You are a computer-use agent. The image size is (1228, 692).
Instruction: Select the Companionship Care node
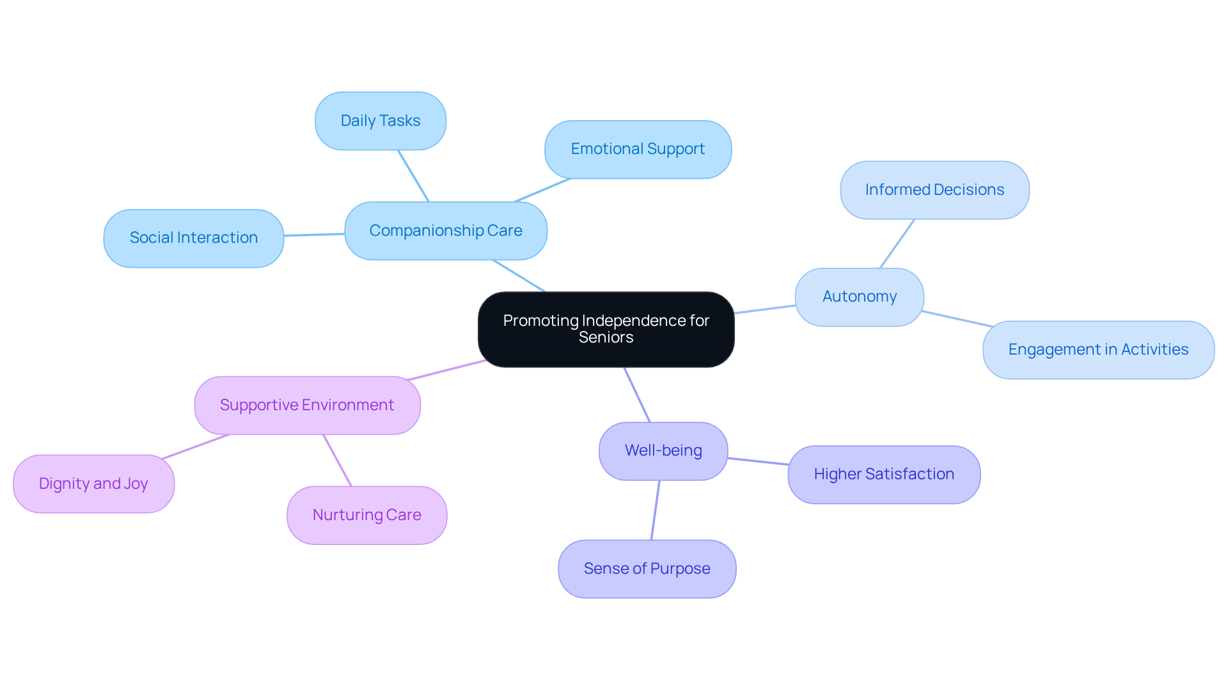[x=445, y=231]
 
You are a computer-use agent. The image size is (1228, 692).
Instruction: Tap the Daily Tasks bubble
[x=380, y=121]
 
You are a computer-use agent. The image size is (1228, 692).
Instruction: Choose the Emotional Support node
[x=638, y=149]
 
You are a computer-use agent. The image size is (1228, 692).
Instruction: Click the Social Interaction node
[x=193, y=238]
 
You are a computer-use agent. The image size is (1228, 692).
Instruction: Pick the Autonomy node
[x=859, y=296]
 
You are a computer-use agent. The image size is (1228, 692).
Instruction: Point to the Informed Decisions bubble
[x=934, y=190]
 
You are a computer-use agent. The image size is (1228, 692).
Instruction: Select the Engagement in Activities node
[x=1098, y=350]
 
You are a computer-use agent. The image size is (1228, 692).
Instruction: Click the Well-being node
[x=663, y=450]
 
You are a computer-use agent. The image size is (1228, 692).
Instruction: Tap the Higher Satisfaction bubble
[x=883, y=474]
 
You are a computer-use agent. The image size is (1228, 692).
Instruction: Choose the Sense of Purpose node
[x=647, y=569]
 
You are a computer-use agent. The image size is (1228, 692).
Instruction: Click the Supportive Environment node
[x=306, y=405]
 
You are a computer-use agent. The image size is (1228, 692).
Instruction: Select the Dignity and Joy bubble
[x=93, y=484]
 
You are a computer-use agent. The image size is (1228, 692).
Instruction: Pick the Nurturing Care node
[x=366, y=515]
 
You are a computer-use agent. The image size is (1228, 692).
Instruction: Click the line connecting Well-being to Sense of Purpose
[x=655, y=510]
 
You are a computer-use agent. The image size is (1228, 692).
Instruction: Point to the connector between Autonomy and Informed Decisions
[x=897, y=243]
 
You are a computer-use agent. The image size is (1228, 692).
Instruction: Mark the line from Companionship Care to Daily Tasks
[x=413, y=176]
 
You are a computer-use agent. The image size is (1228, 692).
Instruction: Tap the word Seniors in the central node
[x=606, y=337]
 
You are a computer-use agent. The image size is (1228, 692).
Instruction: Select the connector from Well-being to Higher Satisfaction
[x=758, y=461]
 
